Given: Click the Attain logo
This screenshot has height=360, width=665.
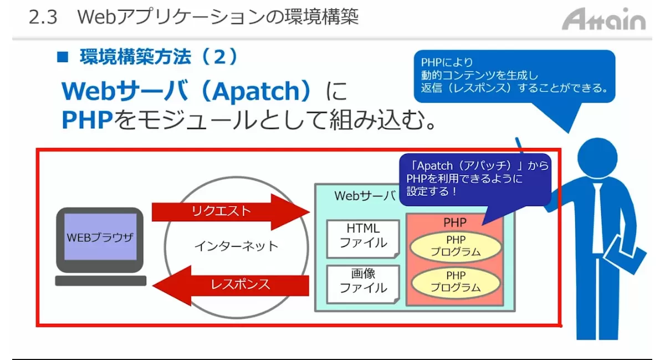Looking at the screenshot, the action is pyautogui.click(x=603, y=19).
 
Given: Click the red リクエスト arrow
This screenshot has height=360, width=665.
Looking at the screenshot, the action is pyautogui.click(x=231, y=212).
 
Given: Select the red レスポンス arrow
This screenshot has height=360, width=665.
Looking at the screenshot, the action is pyautogui.click(x=231, y=285).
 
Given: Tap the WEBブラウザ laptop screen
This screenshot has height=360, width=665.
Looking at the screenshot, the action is pyautogui.click(x=100, y=237).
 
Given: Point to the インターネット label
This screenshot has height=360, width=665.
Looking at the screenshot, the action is pyautogui.click(x=236, y=246).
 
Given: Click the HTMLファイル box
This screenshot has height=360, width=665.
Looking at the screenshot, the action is pyautogui.click(x=363, y=239).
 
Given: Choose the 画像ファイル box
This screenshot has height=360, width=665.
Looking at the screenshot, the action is pyautogui.click(x=363, y=284).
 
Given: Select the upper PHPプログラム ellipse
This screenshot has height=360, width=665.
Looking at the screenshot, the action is pyautogui.click(x=456, y=246).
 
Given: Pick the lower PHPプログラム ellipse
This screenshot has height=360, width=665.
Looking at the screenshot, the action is pyautogui.click(x=456, y=282).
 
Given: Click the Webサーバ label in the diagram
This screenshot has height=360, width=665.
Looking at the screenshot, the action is pyautogui.click(x=365, y=196).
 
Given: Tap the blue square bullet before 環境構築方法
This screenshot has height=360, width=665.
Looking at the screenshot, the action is pyautogui.click(x=62, y=56).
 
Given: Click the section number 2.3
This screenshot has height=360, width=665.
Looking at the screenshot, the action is pyautogui.click(x=43, y=17).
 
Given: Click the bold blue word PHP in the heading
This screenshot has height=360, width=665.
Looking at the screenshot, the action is pyautogui.click(x=87, y=120).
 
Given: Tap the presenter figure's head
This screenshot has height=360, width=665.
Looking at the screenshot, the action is pyautogui.click(x=597, y=158).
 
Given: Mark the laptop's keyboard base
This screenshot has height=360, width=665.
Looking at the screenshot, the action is pyautogui.click(x=101, y=280).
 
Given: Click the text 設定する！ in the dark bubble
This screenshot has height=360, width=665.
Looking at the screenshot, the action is pyautogui.click(x=431, y=192).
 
